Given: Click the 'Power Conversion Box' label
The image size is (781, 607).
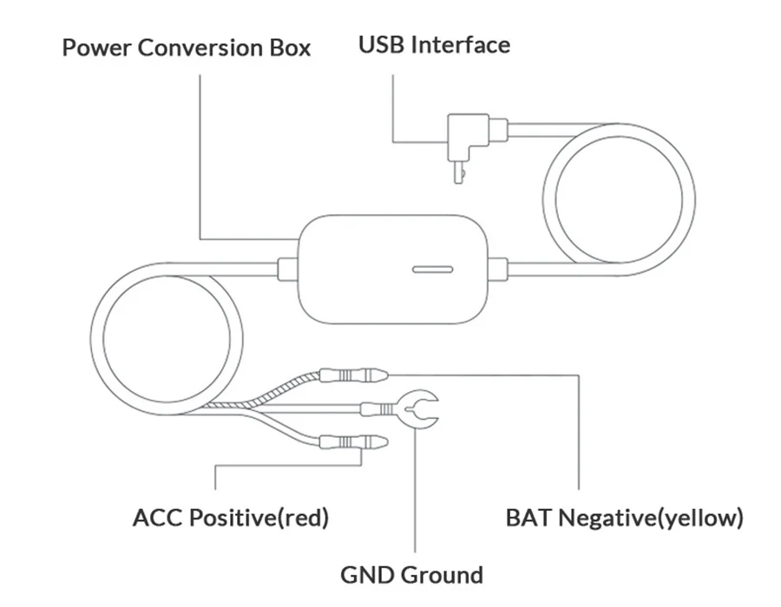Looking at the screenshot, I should (x=186, y=47).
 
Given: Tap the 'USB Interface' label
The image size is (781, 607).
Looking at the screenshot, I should (x=434, y=44).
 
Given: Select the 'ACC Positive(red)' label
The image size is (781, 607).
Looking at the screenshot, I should (x=231, y=519).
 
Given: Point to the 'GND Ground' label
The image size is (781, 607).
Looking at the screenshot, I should (x=411, y=575).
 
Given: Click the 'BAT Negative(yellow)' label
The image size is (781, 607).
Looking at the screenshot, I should (x=624, y=519).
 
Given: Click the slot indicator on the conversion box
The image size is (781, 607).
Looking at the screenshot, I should (x=430, y=269).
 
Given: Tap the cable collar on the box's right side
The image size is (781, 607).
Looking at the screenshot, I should (x=496, y=266).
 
